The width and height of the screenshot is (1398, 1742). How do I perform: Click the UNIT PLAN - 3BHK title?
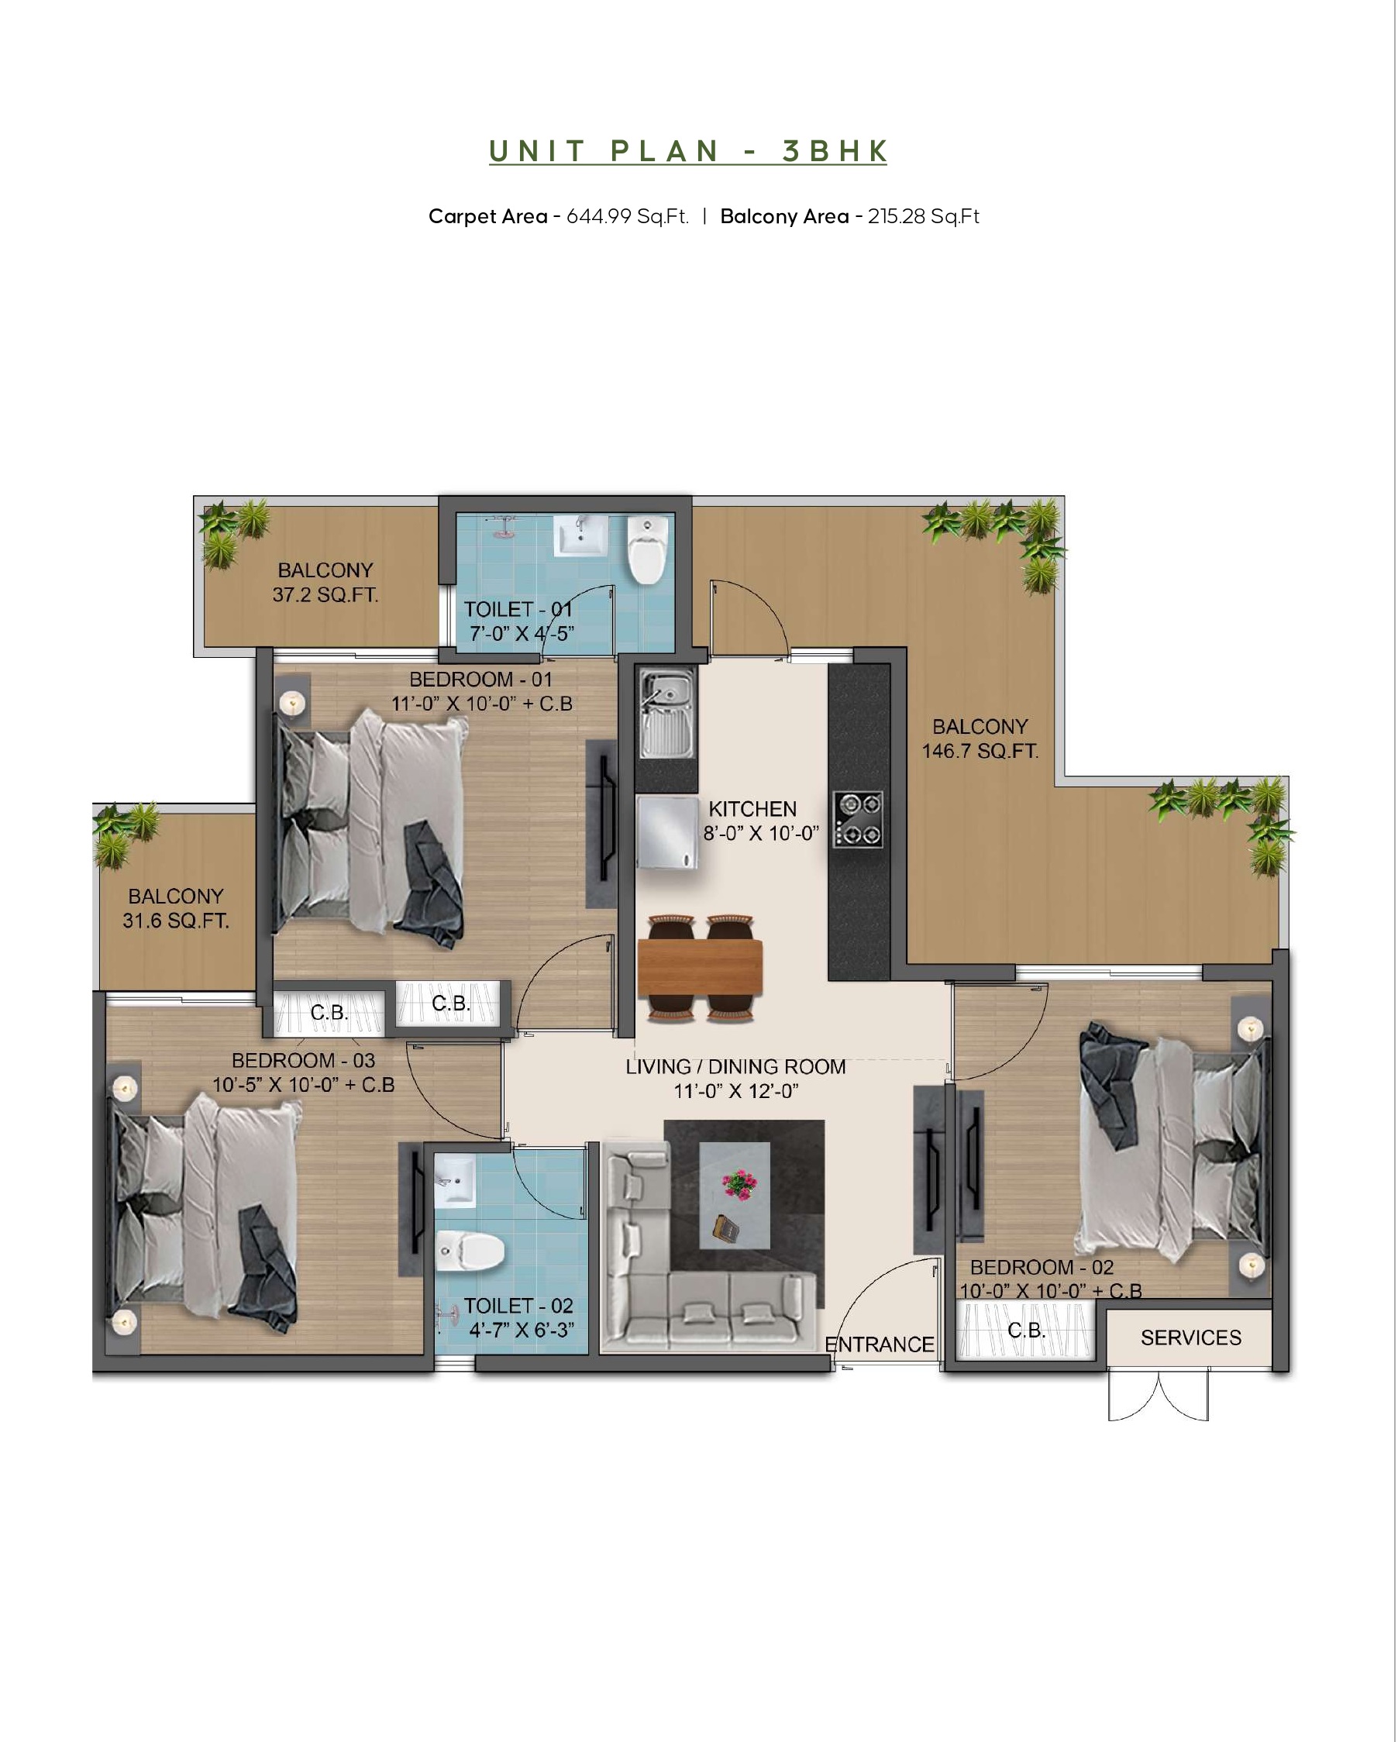pyautogui.click(x=687, y=151)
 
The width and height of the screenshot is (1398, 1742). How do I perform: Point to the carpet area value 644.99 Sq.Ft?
pyautogui.click(x=627, y=216)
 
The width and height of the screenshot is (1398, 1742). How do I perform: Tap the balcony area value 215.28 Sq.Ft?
pyautogui.click(x=923, y=216)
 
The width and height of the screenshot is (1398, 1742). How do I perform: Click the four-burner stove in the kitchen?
pyautogui.click(x=858, y=819)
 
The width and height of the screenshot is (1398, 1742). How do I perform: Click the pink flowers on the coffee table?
pyautogui.click(x=737, y=1184)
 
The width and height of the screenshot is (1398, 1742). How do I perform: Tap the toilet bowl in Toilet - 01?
pyautogui.click(x=647, y=549)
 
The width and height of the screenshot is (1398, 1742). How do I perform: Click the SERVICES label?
pyautogui.click(x=1190, y=1338)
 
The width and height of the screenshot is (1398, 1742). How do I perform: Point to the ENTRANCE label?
pyautogui.click(x=880, y=1344)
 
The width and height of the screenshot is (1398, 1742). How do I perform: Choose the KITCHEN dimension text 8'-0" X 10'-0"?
pyautogui.click(x=761, y=833)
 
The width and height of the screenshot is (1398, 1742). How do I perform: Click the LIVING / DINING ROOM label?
pyautogui.click(x=735, y=1066)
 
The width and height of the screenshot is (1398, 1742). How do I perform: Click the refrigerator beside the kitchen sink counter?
pyautogui.click(x=667, y=832)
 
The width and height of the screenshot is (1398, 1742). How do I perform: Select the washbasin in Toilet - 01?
pyautogui.click(x=580, y=535)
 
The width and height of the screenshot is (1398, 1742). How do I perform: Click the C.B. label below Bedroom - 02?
pyautogui.click(x=1026, y=1329)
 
